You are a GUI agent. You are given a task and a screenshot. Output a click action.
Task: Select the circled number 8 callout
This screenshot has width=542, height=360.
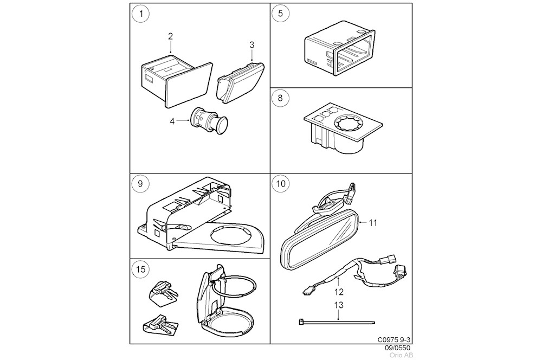point(280,99)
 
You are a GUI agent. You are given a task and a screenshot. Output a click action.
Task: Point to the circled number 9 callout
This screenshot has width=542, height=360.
point(141,184)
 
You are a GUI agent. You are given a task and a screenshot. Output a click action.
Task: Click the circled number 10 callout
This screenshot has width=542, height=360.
point(280,184)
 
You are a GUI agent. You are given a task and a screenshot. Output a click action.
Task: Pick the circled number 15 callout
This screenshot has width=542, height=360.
point(141,269)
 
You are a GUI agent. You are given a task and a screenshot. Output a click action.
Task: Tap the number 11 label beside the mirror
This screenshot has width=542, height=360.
point(373,222)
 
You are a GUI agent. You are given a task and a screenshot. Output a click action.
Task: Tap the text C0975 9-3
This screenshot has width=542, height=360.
point(394,340)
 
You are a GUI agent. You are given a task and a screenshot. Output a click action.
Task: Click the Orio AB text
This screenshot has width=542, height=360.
point(400,355)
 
